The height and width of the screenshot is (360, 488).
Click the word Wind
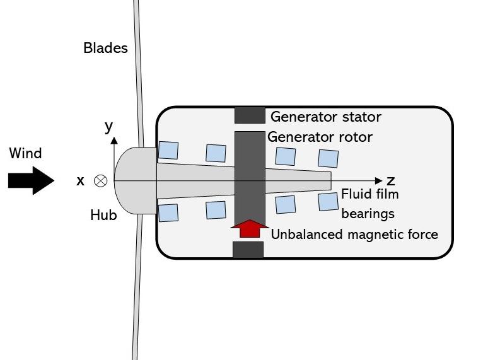tap(25, 153)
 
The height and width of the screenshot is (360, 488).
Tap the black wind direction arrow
tap(31, 181)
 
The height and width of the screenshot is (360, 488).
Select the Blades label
tap(105, 48)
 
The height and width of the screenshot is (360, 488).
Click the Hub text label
tap(103, 216)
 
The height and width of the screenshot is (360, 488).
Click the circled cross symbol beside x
tap(100, 181)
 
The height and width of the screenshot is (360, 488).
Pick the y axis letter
tap(108, 126)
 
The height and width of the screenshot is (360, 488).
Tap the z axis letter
tap(391, 181)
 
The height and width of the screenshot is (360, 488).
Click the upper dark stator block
tap(250, 115)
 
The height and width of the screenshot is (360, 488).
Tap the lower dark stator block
tap(248, 250)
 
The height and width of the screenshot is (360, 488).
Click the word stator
tap(360, 117)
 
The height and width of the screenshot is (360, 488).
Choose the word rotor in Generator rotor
tap(355, 137)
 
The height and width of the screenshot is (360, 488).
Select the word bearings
tap(368, 214)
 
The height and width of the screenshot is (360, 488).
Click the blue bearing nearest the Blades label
tap(168, 150)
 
